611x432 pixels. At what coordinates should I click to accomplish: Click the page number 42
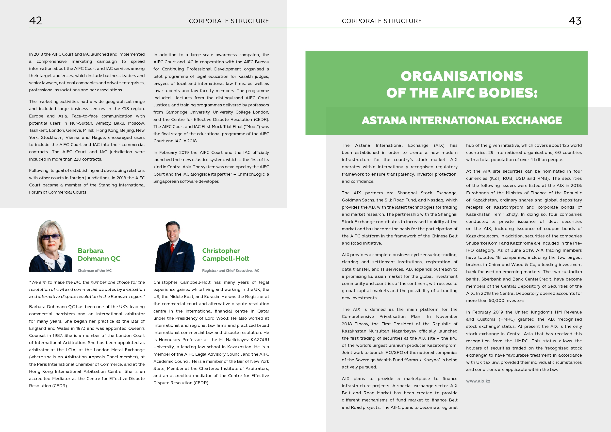coord(35,21)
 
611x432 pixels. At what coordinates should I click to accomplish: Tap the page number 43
coord(575,21)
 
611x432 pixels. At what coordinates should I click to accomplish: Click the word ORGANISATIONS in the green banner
coord(462,76)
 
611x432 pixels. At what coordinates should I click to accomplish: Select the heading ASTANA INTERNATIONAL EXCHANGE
coord(462,120)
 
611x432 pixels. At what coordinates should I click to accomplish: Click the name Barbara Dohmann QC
coord(99,254)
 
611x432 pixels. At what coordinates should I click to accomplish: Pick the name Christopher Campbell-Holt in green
coord(225,254)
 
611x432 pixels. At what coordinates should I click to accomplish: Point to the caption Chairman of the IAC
coord(95,271)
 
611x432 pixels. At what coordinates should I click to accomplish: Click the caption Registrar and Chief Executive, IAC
coord(231,271)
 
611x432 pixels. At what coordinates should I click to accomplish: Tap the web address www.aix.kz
coord(478,381)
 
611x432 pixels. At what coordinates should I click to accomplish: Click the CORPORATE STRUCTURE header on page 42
coord(229,21)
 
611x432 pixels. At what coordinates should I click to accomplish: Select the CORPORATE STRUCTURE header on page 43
coord(382,21)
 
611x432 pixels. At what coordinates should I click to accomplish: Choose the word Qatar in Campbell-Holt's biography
coord(263,311)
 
